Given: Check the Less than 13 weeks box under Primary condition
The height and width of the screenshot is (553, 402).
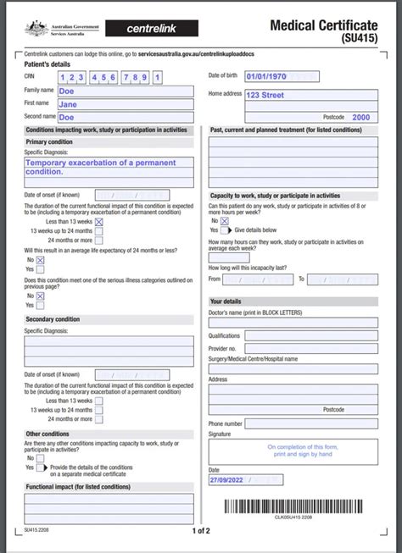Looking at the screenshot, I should (x=99, y=222).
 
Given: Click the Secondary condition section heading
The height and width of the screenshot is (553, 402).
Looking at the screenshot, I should (x=53, y=319).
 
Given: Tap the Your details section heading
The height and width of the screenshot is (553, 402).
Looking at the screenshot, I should (x=226, y=301).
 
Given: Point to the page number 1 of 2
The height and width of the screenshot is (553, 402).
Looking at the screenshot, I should (x=201, y=531).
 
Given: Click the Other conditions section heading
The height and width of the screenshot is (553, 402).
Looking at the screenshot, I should (x=47, y=434).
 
